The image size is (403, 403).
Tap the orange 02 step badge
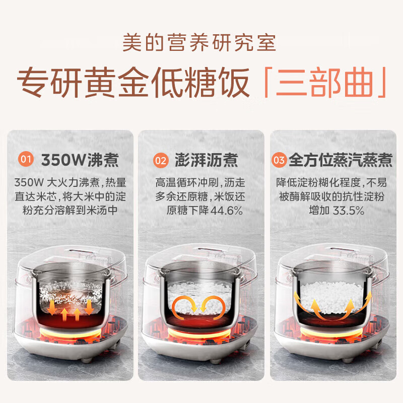[160, 161]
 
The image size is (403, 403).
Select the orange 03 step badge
[280, 161]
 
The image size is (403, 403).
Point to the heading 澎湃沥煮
[204, 161]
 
